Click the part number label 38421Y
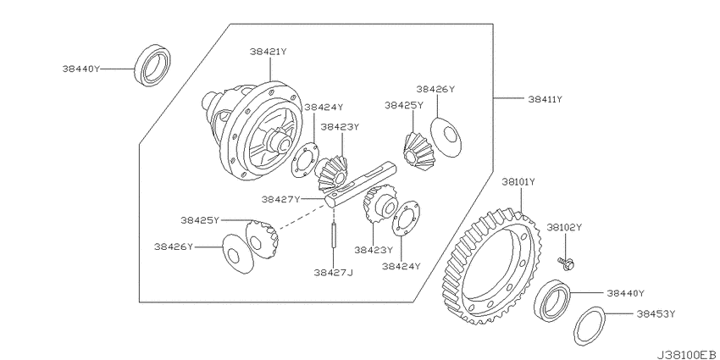coord(269,52)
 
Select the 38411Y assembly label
coord(545,99)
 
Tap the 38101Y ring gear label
coord(518,182)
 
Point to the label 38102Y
coord(564,227)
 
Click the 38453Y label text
coord(656,314)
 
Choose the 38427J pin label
coord(334,272)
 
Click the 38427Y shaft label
coord(280,199)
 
